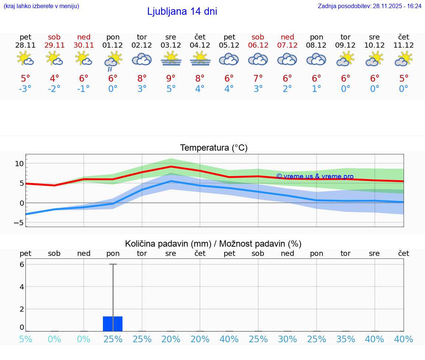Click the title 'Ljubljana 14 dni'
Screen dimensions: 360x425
coord(182,11)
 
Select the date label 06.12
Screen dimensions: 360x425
coord(258,45)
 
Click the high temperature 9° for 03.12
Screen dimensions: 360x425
coord(171,79)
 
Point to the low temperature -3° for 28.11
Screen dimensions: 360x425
coord(25,89)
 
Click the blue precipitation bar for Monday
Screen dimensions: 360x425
coord(113,323)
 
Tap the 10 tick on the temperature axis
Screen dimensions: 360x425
coord(19,164)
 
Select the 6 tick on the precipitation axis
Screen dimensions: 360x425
coord(22,264)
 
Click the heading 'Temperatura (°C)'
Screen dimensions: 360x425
coord(214,148)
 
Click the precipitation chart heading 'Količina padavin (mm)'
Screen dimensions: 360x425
coord(168,244)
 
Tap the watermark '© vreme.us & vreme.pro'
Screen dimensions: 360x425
coord(315,176)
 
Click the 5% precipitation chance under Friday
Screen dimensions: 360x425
coord(25,339)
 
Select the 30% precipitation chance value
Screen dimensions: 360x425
coord(287,339)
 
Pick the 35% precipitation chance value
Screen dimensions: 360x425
coord(346,339)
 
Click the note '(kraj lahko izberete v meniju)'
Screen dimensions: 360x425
coord(41,6)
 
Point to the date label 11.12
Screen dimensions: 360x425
coord(404,45)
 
